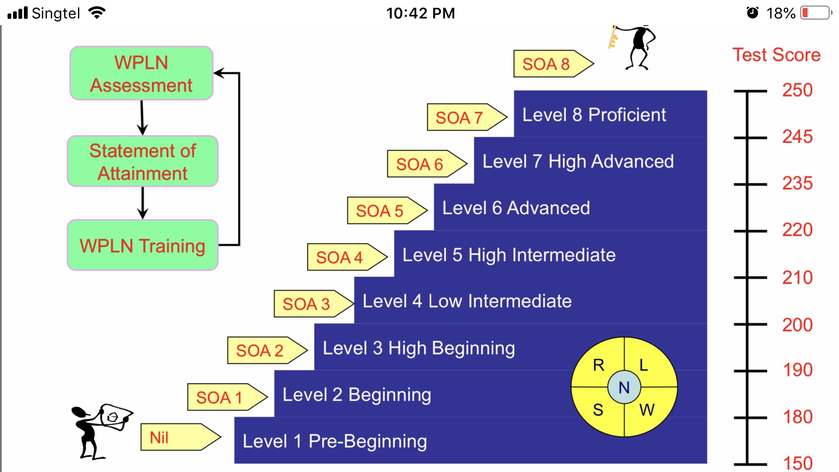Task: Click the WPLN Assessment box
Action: coord(141,73)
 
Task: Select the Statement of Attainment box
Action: coord(143,162)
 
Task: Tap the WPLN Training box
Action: coord(143,245)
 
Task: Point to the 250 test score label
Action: coord(797,90)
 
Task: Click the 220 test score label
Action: coord(797,230)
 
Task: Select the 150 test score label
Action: coord(797,463)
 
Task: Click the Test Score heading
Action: coord(776,55)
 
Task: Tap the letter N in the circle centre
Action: coord(624,387)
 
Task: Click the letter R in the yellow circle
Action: coord(598,365)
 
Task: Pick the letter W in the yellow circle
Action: coord(647,410)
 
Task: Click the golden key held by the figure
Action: coord(613,38)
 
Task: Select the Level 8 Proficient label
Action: coord(594,115)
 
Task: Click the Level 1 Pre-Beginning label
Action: coord(335,441)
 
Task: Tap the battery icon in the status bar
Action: coord(816,13)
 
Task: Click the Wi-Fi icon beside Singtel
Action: coord(97,13)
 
